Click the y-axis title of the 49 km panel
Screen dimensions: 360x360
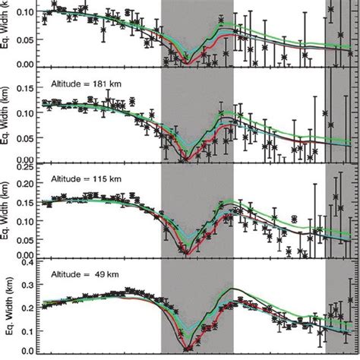(7, 308)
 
